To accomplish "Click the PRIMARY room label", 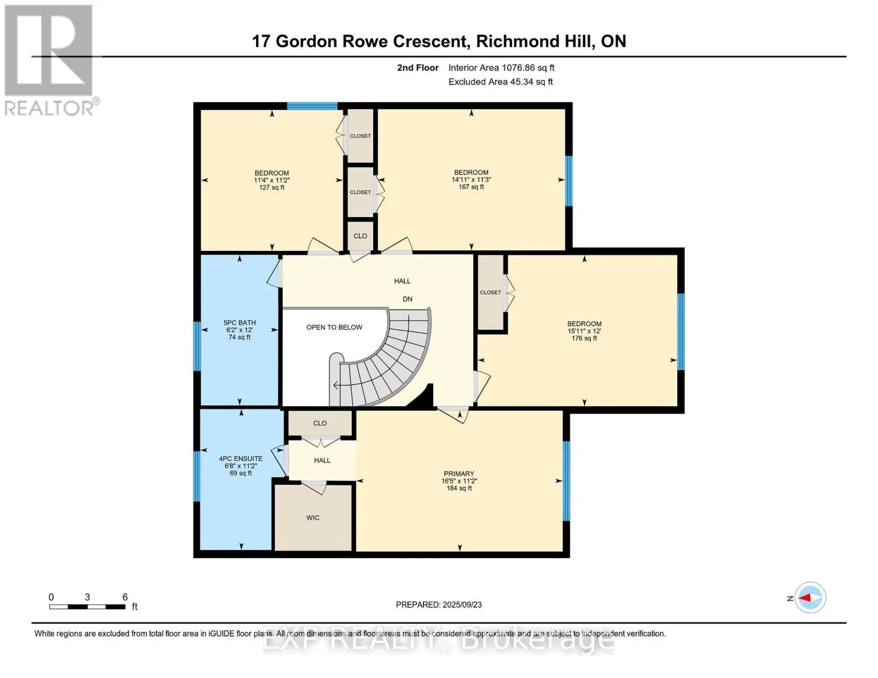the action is (x=459, y=473).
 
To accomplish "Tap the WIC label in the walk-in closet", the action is (x=313, y=518).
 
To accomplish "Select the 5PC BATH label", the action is (x=240, y=323).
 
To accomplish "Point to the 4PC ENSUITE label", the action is (x=241, y=458).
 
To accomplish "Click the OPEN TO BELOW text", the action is (x=334, y=327).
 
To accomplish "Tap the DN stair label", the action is (x=407, y=299).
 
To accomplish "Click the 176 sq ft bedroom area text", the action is (x=584, y=338).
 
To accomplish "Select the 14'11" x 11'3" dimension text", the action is (x=471, y=179).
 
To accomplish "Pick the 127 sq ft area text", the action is (x=271, y=188).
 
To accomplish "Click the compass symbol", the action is (x=810, y=598).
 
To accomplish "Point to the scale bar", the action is (x=87, y=606).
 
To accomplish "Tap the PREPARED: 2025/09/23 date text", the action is (x=439, y=605).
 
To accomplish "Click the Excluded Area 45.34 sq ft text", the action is (x=500, y=82).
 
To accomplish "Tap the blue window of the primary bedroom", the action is (x=566, y=481).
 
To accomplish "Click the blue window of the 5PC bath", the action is (x=197, y=346).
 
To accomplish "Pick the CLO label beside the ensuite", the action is (x=319, y=423).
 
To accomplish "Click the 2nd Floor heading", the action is (x=418, y=68).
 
